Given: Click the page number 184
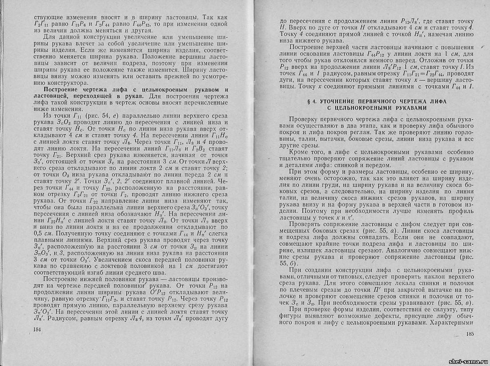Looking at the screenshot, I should click(40, 329).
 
